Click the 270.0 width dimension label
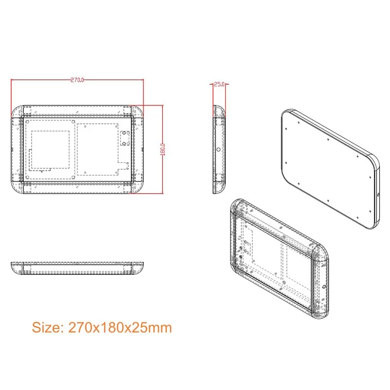pyautogui.click(x=78, y=79)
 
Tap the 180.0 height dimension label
pyautogui.click(x=163, y=149)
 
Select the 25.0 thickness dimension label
pyautogui.click(x=219, y=84)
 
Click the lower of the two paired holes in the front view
pyautogui.click(x=124, y=143)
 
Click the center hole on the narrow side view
pyautogui.click(x=218, y=150)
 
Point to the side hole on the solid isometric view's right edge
pyautogui.click(x=378, y=195)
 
